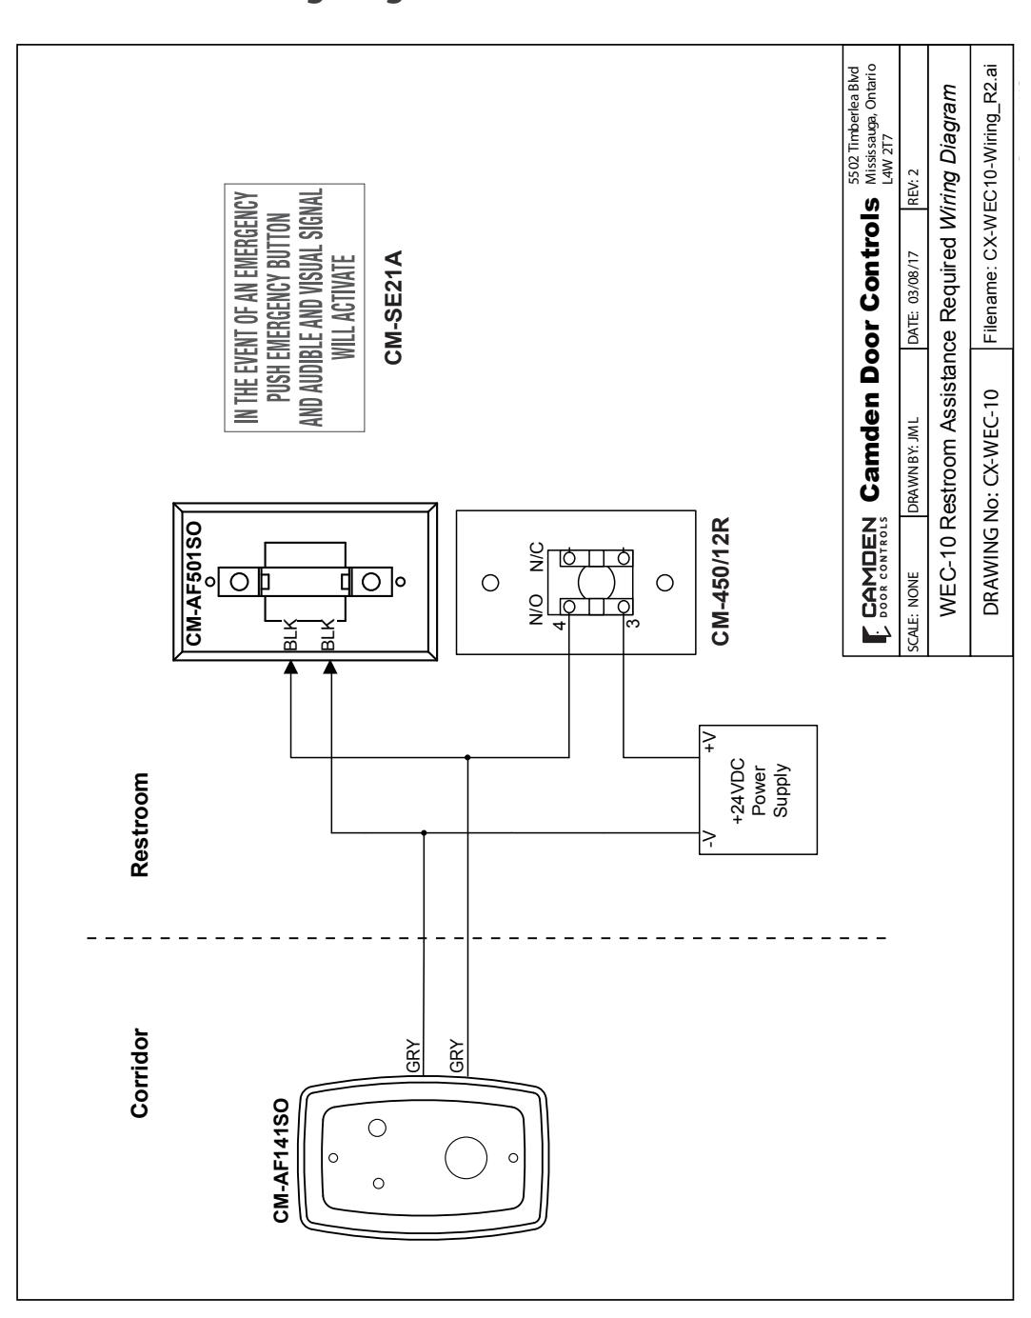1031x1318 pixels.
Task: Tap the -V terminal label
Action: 710,838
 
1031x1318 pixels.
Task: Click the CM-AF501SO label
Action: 194,584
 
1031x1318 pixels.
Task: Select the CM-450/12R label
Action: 721,581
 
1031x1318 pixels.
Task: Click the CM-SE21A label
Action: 393,307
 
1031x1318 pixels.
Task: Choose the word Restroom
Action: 139,825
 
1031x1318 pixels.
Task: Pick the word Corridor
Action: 139,1073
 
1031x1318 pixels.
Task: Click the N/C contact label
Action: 536,557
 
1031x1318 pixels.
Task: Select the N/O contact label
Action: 536,609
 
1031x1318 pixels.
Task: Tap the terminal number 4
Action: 560,625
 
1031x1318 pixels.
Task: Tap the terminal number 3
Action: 632,623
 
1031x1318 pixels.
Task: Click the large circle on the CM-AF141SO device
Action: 466,1157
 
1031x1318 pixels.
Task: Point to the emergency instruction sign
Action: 294,308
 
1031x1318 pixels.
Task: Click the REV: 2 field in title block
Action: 914,187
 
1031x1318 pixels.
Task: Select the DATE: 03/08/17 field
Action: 914,298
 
